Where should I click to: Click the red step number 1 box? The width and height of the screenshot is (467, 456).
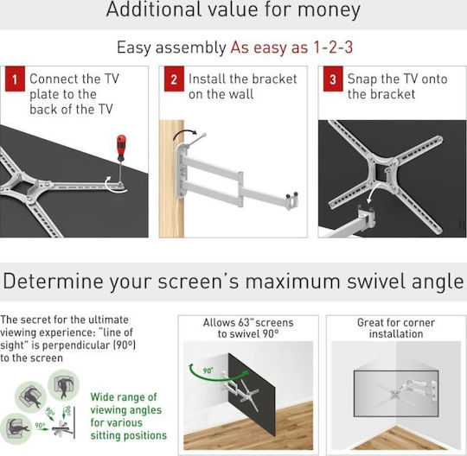coord(15,79)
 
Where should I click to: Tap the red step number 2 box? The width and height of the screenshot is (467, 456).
coord(174,79)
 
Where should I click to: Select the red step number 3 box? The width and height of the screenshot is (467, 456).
coord(333,79)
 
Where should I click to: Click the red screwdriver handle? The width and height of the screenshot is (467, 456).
coord(121,147)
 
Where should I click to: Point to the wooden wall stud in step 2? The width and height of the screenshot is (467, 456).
coord(171,179)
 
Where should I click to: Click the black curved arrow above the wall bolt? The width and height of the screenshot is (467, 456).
coord(185,134)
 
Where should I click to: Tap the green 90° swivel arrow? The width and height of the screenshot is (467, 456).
coord(216,374)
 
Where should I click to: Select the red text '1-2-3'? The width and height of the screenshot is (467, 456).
coord(333,47)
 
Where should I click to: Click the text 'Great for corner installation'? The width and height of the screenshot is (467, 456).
coord(396,328)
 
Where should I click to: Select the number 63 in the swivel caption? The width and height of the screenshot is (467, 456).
coord(244,323)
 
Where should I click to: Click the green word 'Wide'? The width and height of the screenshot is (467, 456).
coord(103,397)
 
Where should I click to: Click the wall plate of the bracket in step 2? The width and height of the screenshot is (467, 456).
coord(182,171)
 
